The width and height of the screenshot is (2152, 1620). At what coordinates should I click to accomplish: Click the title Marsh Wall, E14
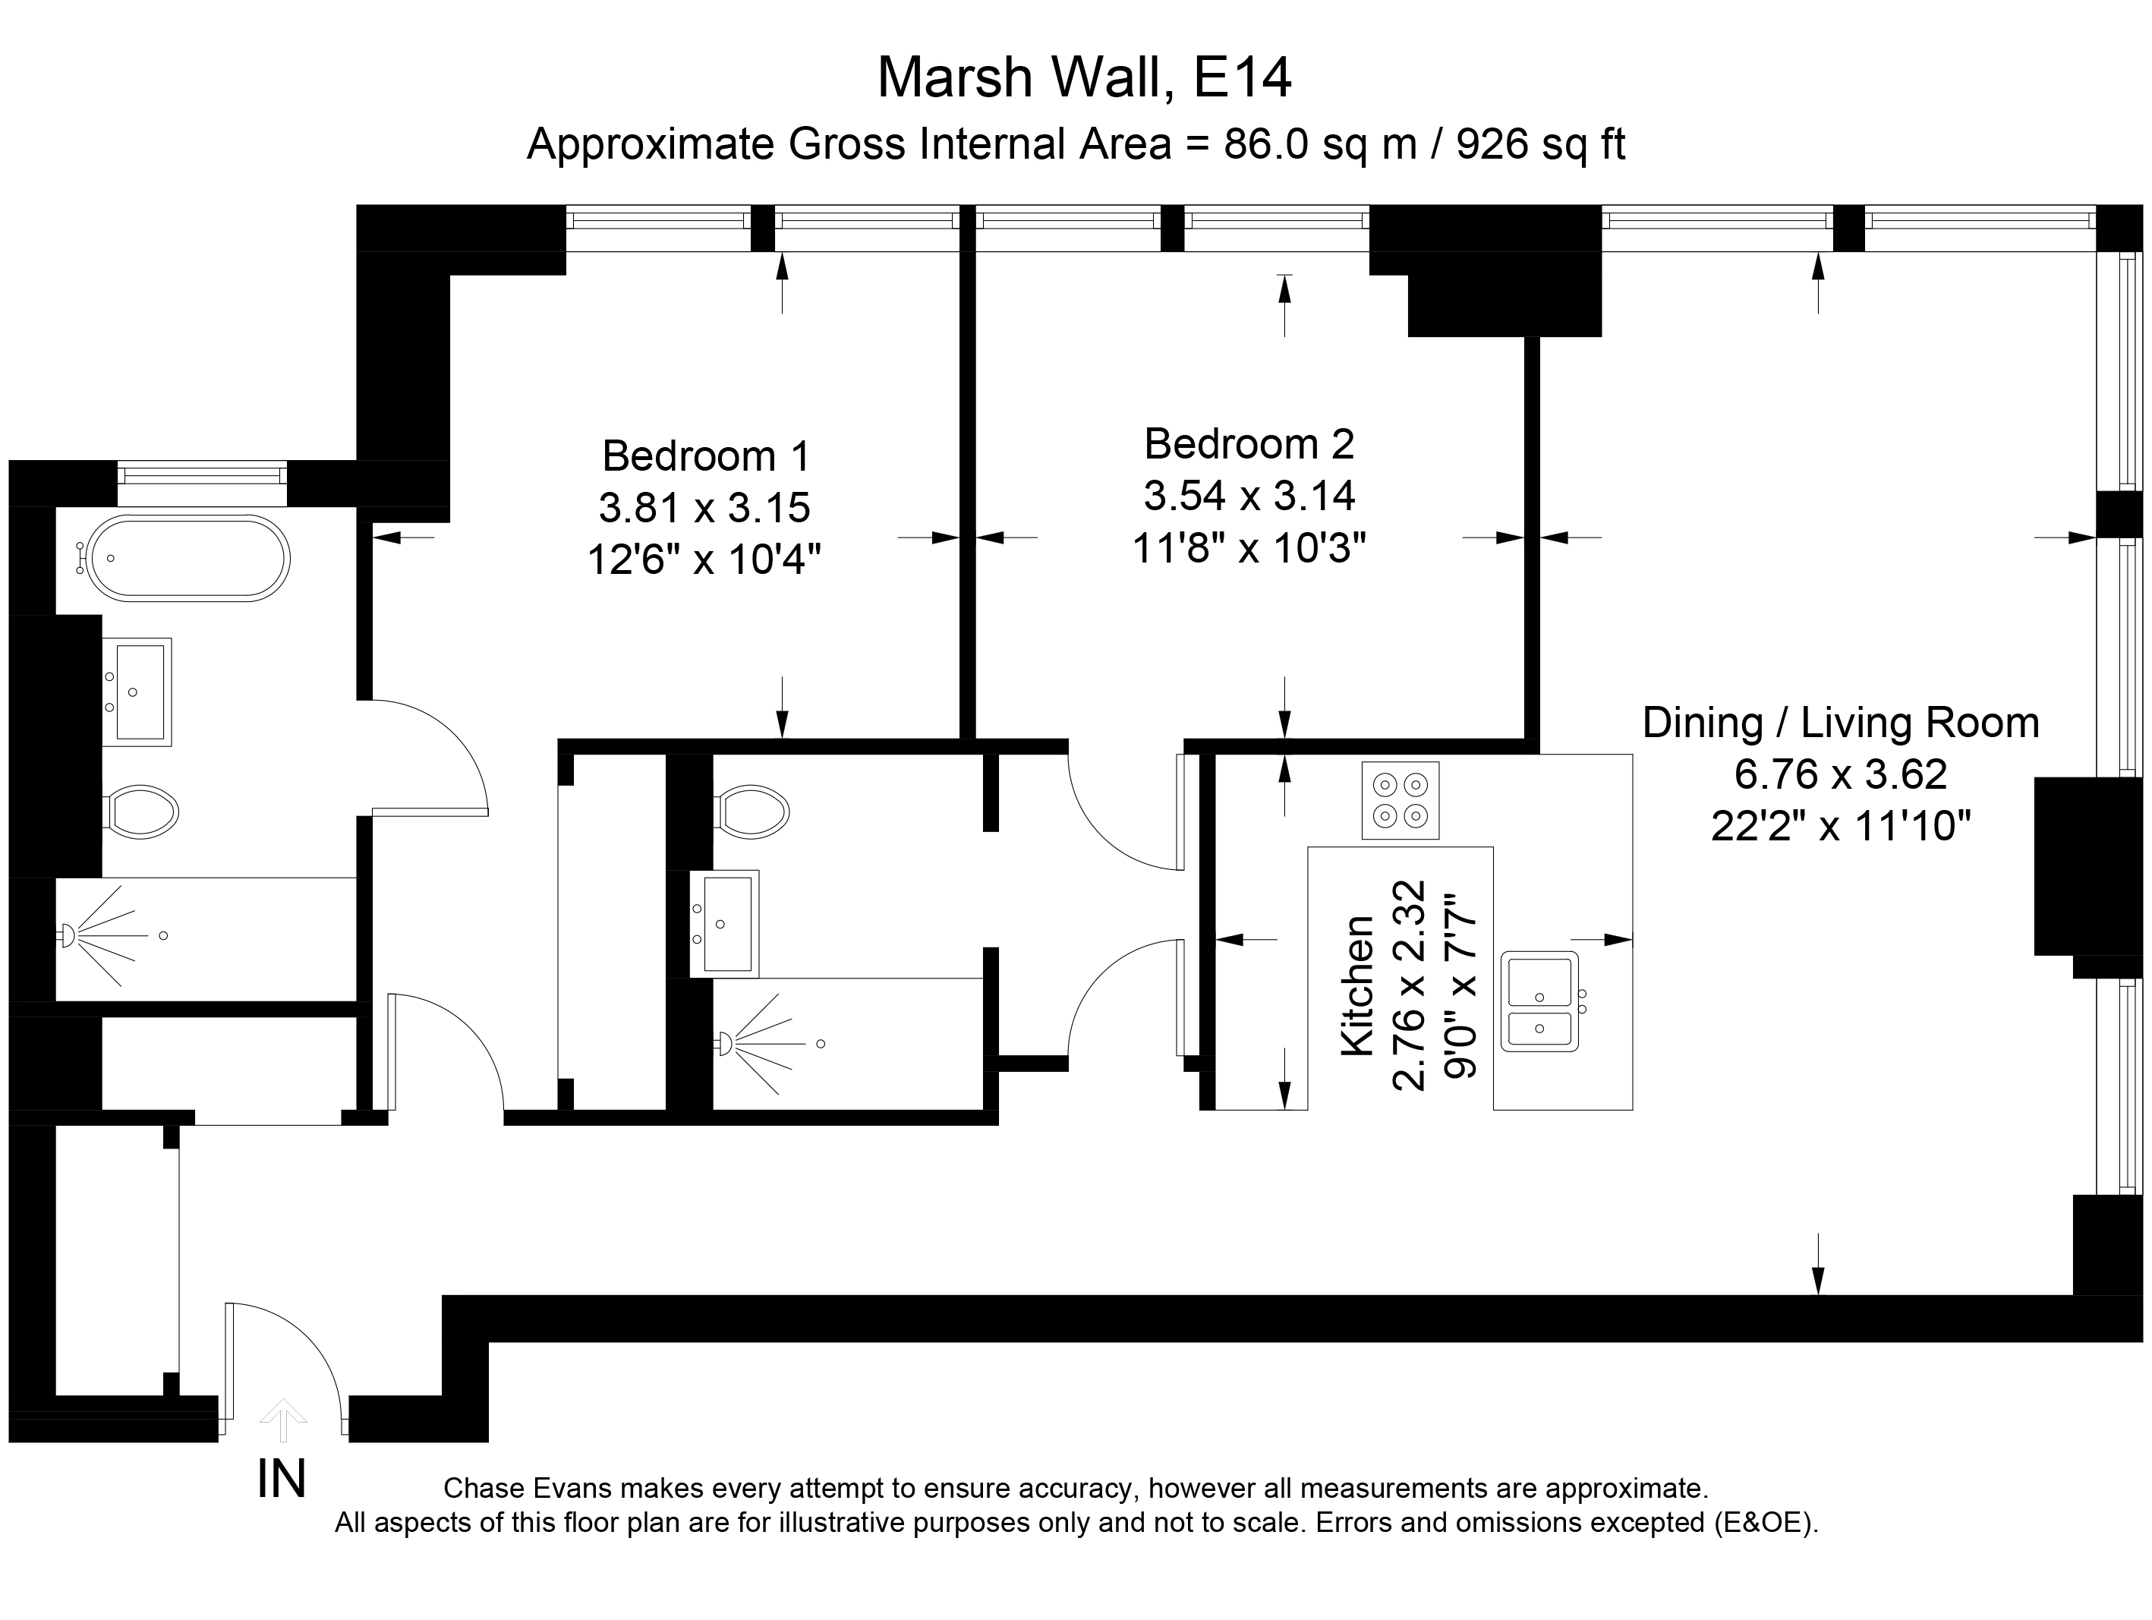[1084, 78]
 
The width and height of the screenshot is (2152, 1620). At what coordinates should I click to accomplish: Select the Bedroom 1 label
[705, 456]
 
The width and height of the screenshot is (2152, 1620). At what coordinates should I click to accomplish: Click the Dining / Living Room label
[1841, 723]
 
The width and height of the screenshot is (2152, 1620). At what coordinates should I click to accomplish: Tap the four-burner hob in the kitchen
[1400, 800]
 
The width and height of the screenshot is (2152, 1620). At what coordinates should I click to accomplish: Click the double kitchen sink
[1540, 1001]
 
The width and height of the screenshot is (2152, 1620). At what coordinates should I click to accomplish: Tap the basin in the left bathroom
[137, 692]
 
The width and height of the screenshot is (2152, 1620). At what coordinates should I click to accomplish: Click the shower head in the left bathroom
[69, 936]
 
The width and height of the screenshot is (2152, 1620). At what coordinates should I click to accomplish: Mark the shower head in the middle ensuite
[724, 1044]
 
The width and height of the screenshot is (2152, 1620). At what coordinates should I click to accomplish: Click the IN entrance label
[281, 1480]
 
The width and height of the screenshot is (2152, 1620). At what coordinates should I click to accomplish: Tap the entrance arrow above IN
[282, 1419]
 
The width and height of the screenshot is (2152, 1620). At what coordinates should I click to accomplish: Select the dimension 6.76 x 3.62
[1841, 774]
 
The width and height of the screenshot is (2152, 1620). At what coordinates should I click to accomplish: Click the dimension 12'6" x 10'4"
[705, 559]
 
